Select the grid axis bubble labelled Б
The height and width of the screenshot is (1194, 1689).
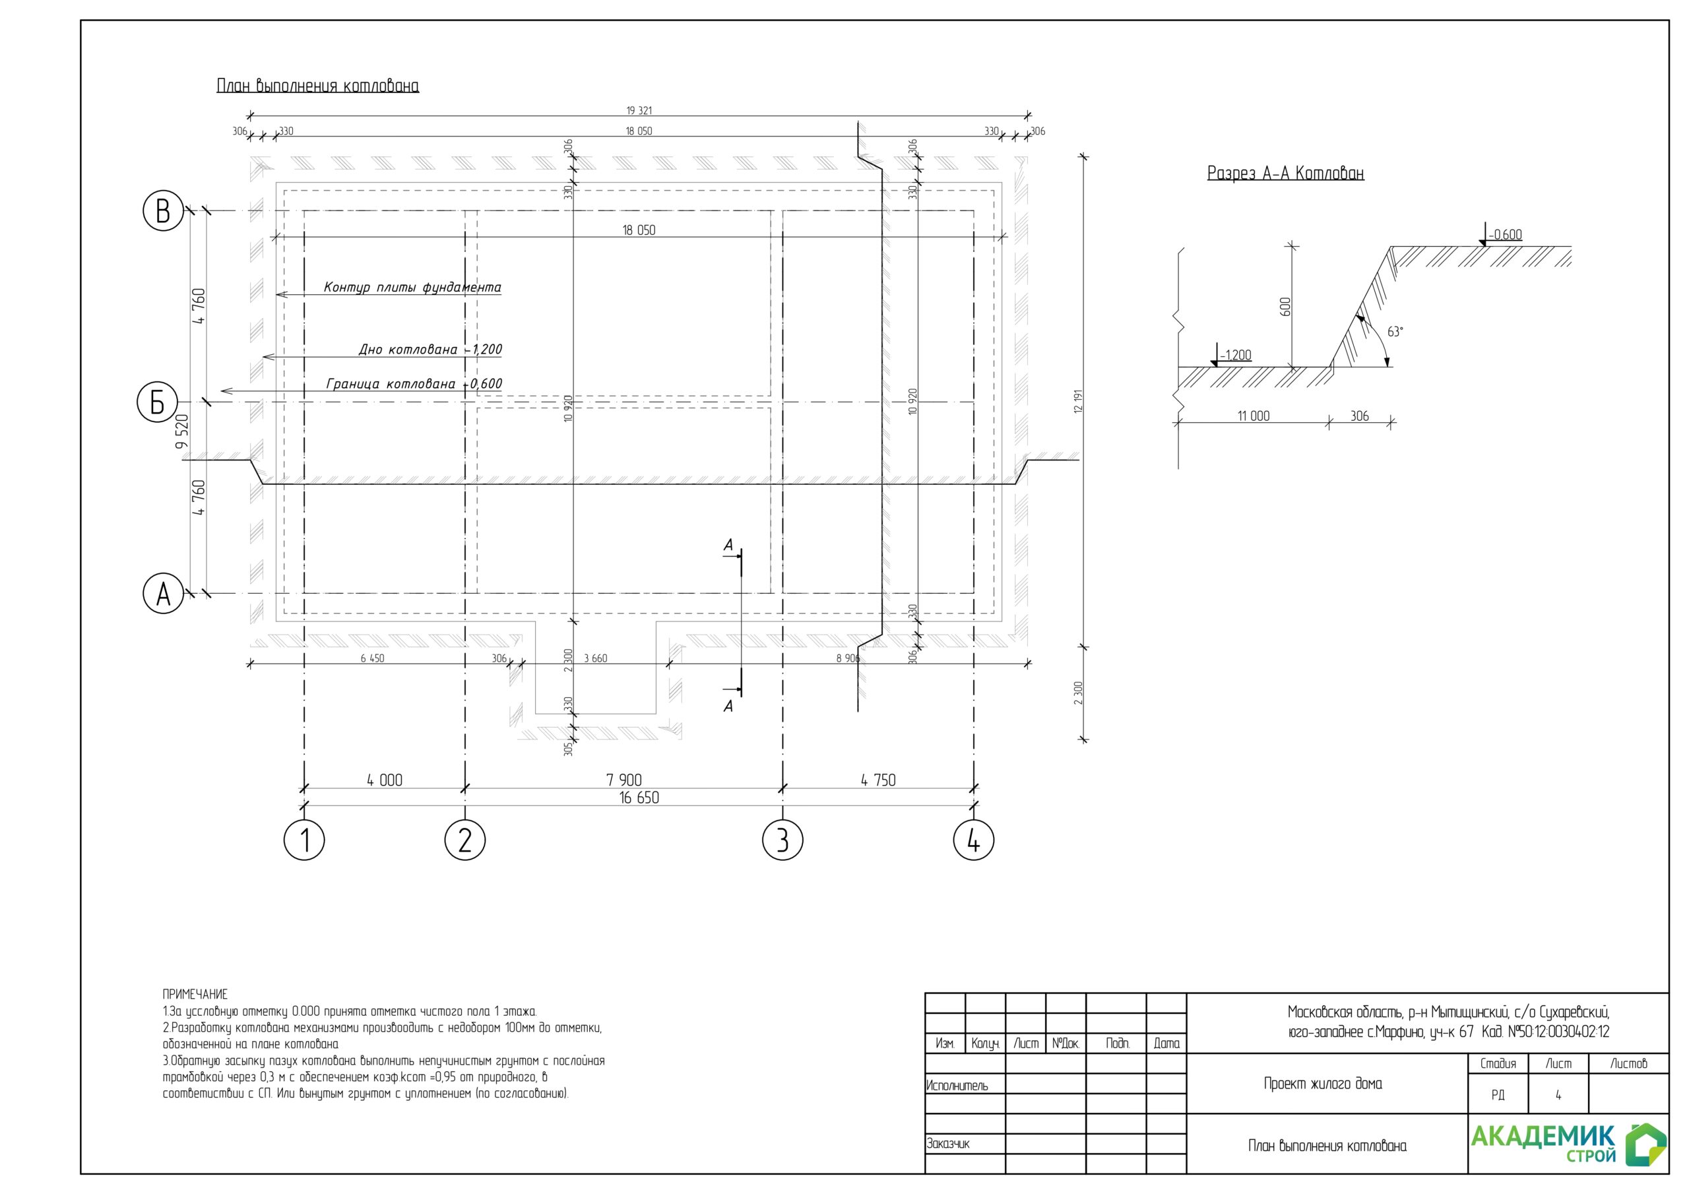click(x=158, y=402)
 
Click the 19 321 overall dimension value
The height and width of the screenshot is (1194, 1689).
click(x=639, y=110)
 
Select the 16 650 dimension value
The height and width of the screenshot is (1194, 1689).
click(x=639, y=798)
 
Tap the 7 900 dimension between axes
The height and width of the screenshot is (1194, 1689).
click(x=624, y=780)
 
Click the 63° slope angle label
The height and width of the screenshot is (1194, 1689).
click(x=1395, y=332)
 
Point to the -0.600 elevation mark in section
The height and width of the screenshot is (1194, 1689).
click(x=1505, y=235)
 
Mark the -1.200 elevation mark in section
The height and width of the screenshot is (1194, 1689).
click(x=1235, y=356)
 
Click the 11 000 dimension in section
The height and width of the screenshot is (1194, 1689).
click(x=1254, y=416)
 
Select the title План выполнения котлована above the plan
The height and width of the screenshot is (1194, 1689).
click(x=318, y=85)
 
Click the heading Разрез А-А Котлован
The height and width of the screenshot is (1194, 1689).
click(x=1285, y=173)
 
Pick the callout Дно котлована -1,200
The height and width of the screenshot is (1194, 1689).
click(x=430, y=349)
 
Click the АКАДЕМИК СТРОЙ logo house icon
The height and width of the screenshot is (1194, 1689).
click(x=1645, y=1144)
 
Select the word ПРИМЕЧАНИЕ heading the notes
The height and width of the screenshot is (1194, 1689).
click(x=195, y=994)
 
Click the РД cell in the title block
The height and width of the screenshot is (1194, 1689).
click(x=1498, y=1094)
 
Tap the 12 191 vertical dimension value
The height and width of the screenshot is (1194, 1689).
click(x=1079, y=401)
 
